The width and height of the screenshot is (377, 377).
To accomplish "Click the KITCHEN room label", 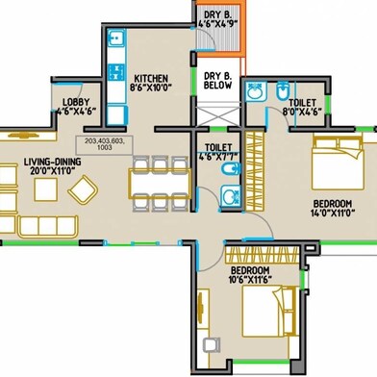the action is tap(151, 79).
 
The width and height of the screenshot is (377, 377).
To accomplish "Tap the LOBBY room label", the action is tap(76, 102).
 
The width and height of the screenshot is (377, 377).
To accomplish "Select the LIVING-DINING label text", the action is tap(53, 162).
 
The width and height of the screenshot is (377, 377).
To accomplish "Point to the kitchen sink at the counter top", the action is tap(115, 38).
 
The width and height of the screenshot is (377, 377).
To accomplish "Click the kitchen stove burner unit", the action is tap(116, 72).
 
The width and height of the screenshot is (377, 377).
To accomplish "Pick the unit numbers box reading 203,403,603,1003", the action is tap(105, 145).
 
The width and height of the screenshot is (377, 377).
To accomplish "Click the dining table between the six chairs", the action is tap(160, 184).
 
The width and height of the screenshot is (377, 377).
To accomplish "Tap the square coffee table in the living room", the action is tap(46, 189).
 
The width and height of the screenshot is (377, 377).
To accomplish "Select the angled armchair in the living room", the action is tap(83, 189).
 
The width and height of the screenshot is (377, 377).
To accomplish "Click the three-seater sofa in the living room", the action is tap(48, 226).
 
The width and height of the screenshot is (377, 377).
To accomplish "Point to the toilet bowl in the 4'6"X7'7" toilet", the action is tap(232, 168).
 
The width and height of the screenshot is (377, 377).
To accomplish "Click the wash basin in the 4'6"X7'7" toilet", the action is tap(230, 196).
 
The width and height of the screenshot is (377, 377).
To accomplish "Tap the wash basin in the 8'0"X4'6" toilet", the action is tap(256, 91).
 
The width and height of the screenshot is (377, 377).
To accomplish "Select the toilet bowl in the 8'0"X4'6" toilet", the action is tap(283, 90).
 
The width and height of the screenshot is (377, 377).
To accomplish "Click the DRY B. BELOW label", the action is tap(217, 81).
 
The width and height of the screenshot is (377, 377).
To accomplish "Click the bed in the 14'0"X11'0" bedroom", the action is tap(339, 163).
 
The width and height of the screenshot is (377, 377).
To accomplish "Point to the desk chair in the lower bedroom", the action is tap(212, 345).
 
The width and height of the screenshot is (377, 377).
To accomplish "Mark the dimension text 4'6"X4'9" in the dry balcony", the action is tap(217, 24).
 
